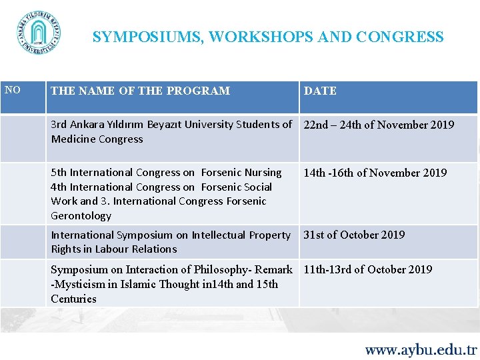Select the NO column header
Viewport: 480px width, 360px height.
pos(13,89)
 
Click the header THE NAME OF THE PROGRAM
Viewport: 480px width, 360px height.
pos(140,91)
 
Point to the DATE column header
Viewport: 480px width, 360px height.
pos(320,91)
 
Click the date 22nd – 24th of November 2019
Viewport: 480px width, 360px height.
pos(379,125)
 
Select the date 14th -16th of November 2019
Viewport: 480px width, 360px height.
pos(375,173)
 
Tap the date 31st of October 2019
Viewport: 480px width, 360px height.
pos(354,235)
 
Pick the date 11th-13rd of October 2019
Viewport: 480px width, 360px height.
pos(368,269)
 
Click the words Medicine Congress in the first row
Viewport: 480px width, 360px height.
pos(97,139)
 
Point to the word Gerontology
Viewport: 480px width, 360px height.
pos(81,216)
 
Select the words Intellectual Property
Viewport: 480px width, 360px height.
pos(241,235)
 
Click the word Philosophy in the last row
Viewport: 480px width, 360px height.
pos(223,269)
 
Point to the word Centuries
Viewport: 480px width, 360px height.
pos(73,299)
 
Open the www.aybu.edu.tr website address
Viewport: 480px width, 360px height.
pos(421,349)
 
